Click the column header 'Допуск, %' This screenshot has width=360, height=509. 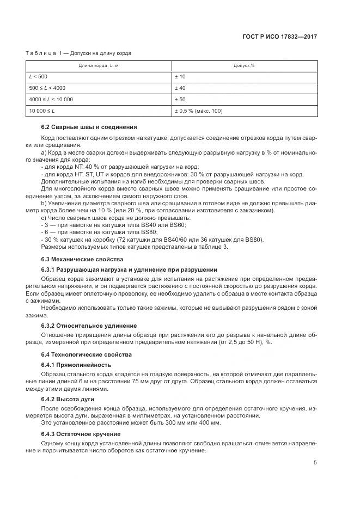tap(245, 65)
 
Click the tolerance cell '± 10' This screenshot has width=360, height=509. tap(180, 77)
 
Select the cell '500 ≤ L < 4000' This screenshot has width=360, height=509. tap(48, 88)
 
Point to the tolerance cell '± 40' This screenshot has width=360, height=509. tap(180, 88)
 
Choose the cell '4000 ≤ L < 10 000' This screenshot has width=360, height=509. tap(52, 100)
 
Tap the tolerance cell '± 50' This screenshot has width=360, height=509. tap(180, 100)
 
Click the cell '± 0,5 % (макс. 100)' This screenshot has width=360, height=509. tap(198, 111)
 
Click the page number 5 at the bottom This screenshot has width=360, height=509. tap(315, 463)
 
